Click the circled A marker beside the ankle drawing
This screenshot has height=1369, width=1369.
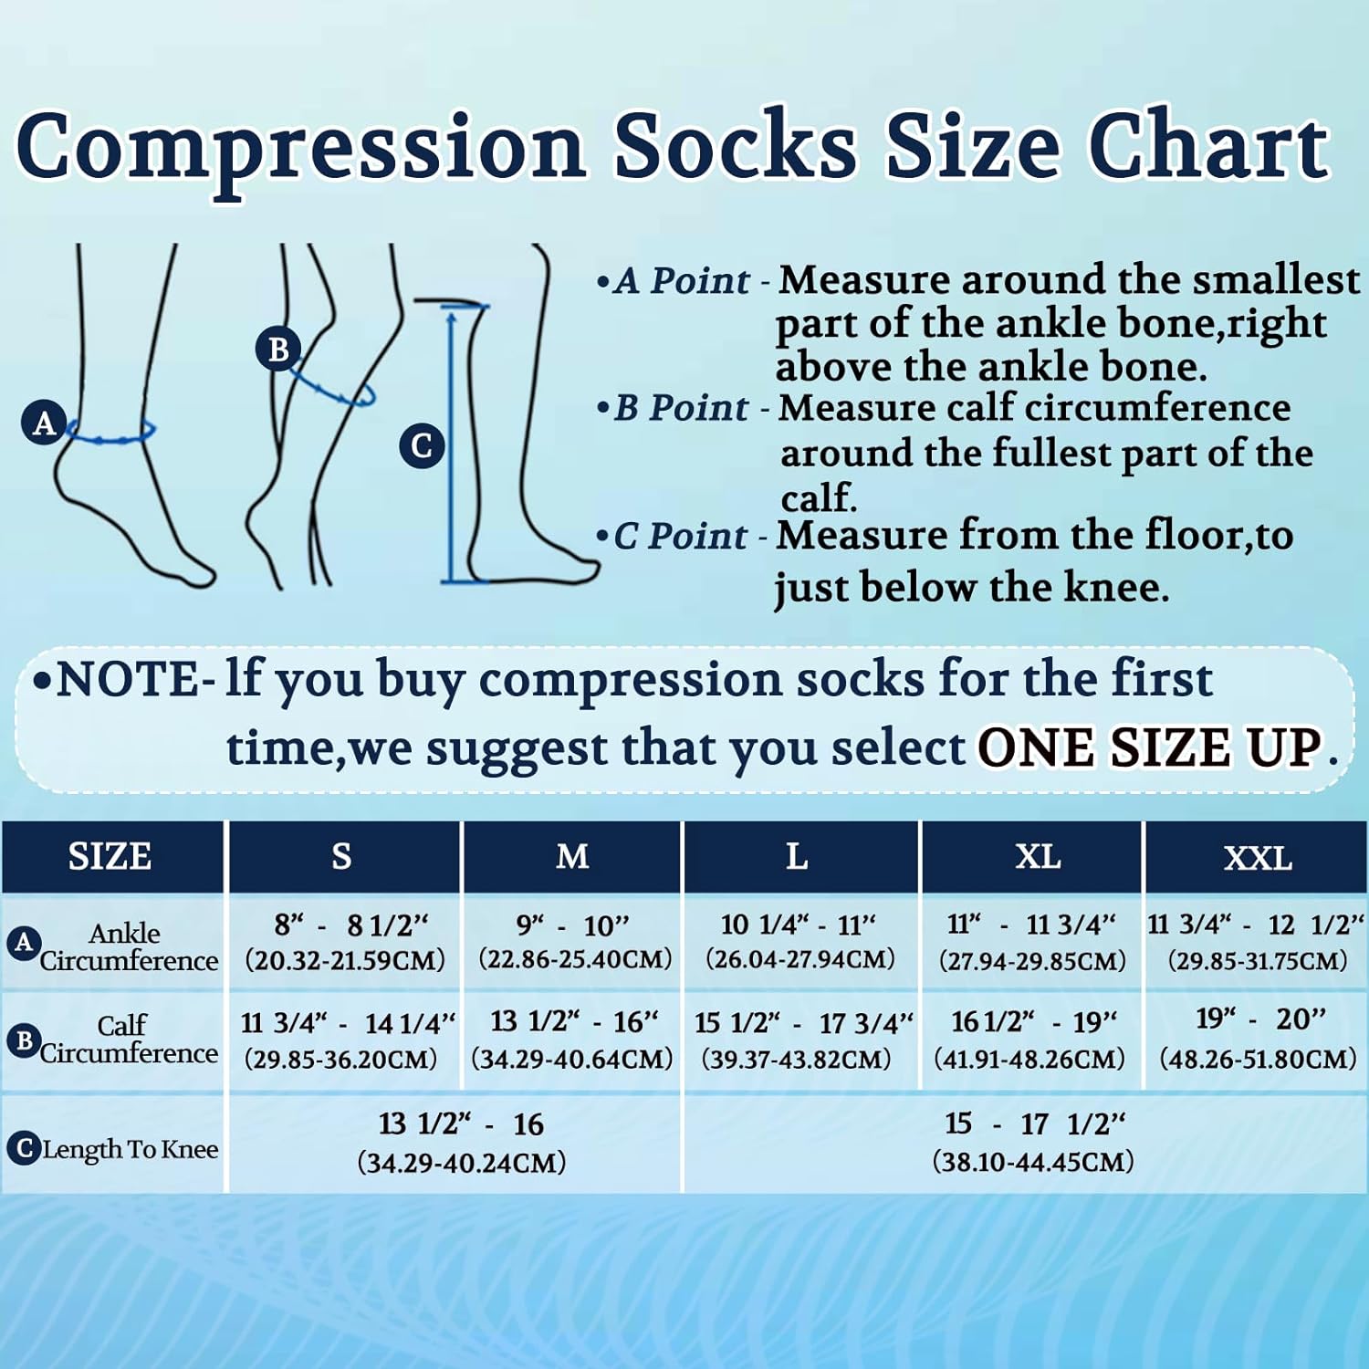pos(45,423)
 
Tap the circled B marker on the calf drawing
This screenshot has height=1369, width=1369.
pos(278,349)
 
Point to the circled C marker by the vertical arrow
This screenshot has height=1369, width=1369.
pos(422,446)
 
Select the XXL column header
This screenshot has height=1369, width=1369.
pos(1258,858)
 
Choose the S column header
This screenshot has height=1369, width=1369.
pos(342,857)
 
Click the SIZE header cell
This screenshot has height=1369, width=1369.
pos(110,857)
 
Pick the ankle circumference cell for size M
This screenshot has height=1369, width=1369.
pos(574,943)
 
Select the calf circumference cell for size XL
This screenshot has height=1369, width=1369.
pos(1030,1040)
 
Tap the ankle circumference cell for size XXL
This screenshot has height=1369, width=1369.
pos(1257,943)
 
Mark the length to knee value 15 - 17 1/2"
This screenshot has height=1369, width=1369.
pos(1034,1123)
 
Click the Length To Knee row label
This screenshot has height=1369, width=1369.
pos(131,1149)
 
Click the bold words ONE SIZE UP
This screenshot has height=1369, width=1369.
pos(1150,748)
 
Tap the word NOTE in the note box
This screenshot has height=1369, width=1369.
pos(128,680)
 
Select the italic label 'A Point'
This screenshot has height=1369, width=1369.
pos(682,280)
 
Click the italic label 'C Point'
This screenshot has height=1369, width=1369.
pos(680,536)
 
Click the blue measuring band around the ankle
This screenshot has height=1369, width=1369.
pos(110,439)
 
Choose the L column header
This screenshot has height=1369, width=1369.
pos(798,857)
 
